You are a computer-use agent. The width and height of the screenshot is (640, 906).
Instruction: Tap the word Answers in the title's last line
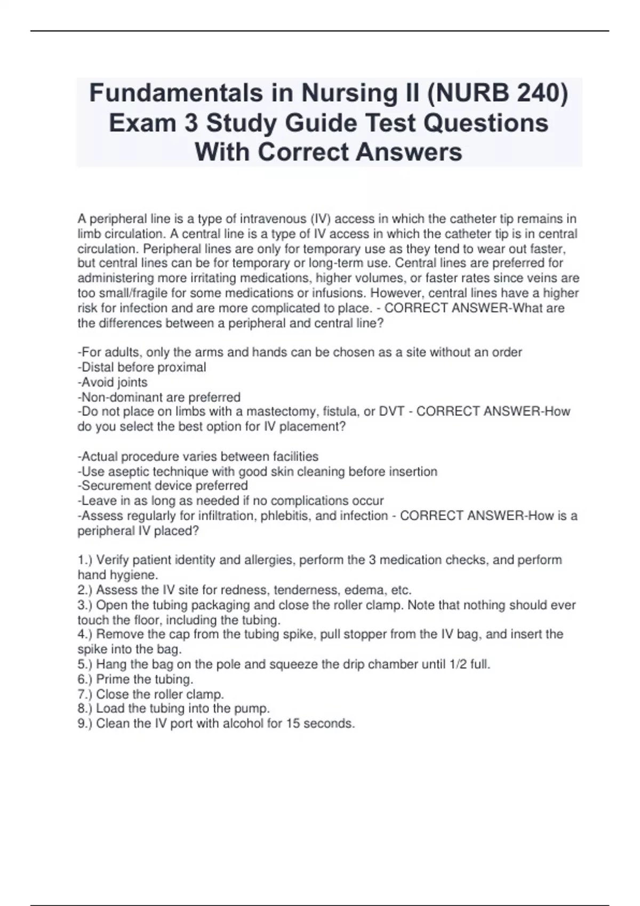409,152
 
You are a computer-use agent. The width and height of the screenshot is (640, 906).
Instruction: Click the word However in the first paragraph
395,293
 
